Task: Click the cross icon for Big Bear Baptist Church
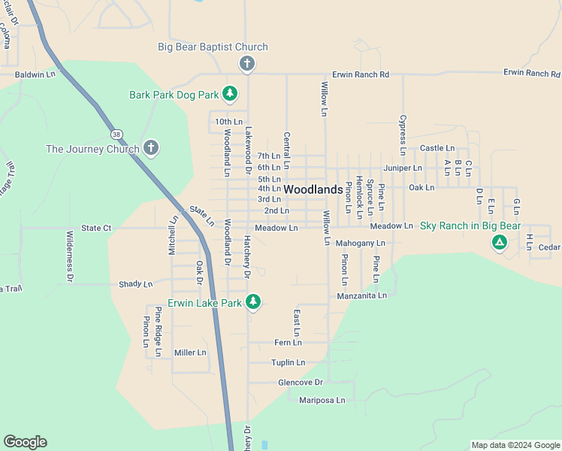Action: tap(246, 64)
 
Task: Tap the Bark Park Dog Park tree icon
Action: tap(230, 94)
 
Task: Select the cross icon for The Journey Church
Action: tap(151, 148)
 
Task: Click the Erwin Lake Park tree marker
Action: tap(253, 302)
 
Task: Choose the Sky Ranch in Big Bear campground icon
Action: tap(498, 242)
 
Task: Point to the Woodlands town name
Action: tap(313, 190)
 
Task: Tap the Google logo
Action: tap(25, 442)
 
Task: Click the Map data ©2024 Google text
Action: tap(515, 445)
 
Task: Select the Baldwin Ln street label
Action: tap(35, 74)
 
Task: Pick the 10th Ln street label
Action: tap(228, 121)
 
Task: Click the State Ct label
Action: tap(96, 228)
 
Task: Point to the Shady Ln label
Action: tap(135, 284)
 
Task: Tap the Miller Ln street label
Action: tap(190, 353)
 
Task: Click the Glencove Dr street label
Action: tap(300, 382)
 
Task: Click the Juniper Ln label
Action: tap(403, 168)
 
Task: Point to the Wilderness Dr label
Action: tap(70, 256)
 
